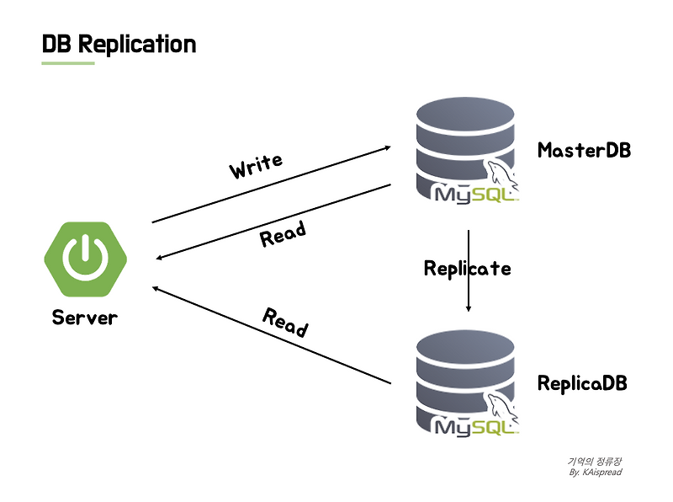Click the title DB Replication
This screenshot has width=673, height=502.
pyautogui.click(x=119, y=44)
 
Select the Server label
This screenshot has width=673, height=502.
pyautogui.click(x=85, y=318)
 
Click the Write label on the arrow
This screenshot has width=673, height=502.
pyautogui.click(x=256, y=166)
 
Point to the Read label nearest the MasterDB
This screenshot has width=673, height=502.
pyautogui.click(x=283, y=234)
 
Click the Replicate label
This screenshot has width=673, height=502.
pyautogui.click(x=467, y=269)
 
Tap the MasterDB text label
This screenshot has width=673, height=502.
pyautogui.click(x=584, y=151)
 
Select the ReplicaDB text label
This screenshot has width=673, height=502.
pyautogui.click(x=582, y=383)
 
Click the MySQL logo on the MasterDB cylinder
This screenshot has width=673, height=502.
pyautogui.click(x=476, y=192)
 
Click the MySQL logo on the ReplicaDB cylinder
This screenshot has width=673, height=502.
pyautogui.click(x=476, y=424)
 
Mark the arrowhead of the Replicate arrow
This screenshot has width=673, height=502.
pyautogui.click(x=469, y=309)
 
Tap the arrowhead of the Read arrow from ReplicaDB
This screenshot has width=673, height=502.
pyautogui.click(x=156, y=288)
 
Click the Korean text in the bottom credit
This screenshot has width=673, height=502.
pyautogui.click(x=594, y=461)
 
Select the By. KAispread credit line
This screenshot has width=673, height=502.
pyautogui.click(x=595, y=472)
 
